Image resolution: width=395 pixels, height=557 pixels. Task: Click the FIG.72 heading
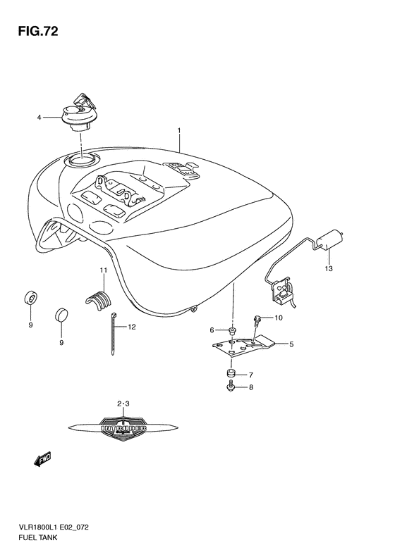tap(33, 32)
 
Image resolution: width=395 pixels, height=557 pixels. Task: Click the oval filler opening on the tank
tap(83, 163)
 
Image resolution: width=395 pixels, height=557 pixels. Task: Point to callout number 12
tap(131, 327)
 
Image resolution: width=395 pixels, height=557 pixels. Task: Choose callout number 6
tap(211, 330)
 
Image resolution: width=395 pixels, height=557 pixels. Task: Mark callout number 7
tap(250, 375)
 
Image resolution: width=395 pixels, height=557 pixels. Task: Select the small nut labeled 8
tap(231, 387)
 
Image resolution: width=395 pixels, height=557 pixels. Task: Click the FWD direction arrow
tap(43, 459)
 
